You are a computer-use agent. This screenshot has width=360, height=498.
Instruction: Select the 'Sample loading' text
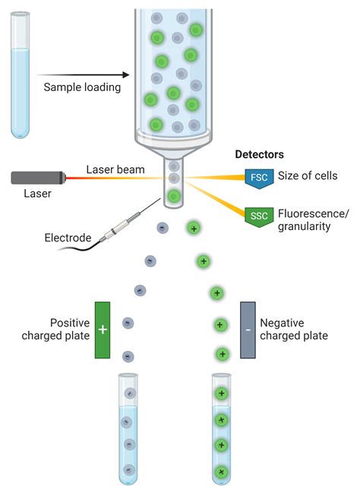(82, 87)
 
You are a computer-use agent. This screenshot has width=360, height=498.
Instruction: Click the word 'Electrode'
(68, 237)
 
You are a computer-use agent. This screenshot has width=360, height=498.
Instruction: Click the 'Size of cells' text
(308, 176)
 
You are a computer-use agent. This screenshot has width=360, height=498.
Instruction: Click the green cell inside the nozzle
(174, 197)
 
